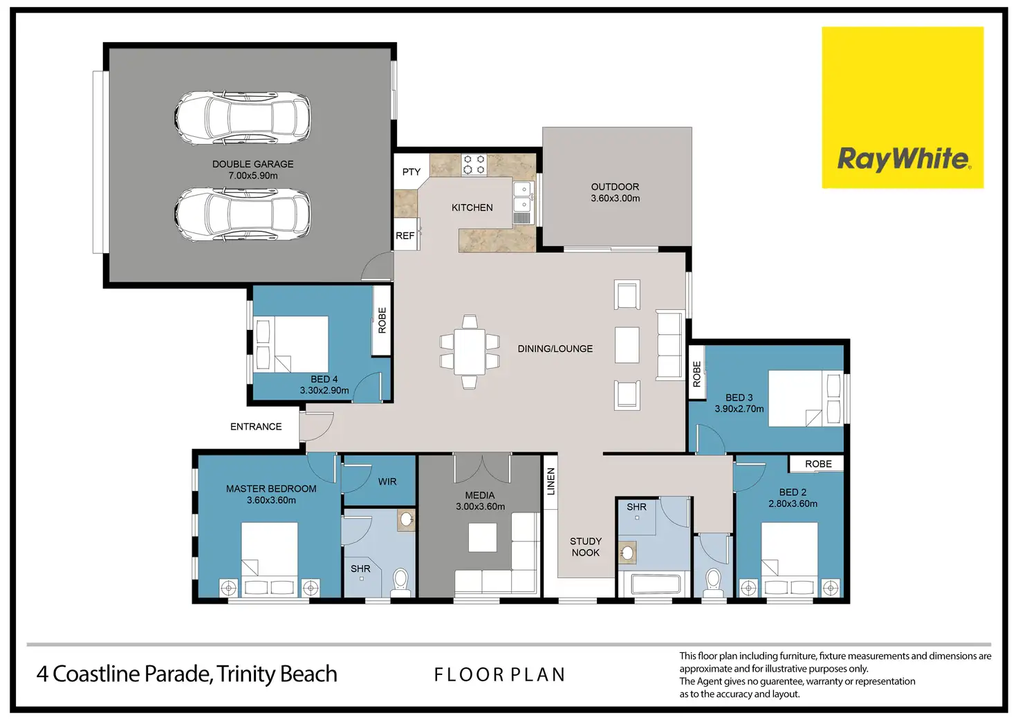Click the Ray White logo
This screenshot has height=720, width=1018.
pyautogui.click(x=903, y=107)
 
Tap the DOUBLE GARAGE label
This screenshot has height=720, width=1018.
pyautogui.click(x=252, y=164)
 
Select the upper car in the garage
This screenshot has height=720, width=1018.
pyautogui.click(x=243, y=118)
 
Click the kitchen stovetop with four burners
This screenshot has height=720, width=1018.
pyautogui.click(x=474, y=164)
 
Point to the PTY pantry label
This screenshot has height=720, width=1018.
pyautogui.click(x=411, y=172)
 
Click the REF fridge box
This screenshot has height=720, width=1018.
pyautogui.click(x=406, y=234)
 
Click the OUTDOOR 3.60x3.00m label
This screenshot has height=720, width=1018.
pyautogui.click(x=616, y=192)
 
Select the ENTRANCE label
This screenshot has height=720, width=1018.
pyautogui.click(x=256, y=426)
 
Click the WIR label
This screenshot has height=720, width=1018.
pyautogui.click(x=387, y=481)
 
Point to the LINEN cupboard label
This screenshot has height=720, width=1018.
pyautogui.click(x=550, y=481)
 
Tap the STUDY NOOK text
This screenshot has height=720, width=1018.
pyautogui.click(x=586, y=547)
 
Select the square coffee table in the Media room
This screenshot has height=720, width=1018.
pyautogui.click(x=483, y=537)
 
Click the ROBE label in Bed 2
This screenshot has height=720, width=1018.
pyautogui.click(x=818, y=463)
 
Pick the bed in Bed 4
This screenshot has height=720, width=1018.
pyautogui.click(x=291, y=344)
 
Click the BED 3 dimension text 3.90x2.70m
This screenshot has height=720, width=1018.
pyautogui.click(x=739, y=409)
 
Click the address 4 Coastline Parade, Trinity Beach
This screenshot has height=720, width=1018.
pyautogui.click(x=187, y=674)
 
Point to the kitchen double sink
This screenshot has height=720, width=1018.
pyautogui.click(x=523, y=196)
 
